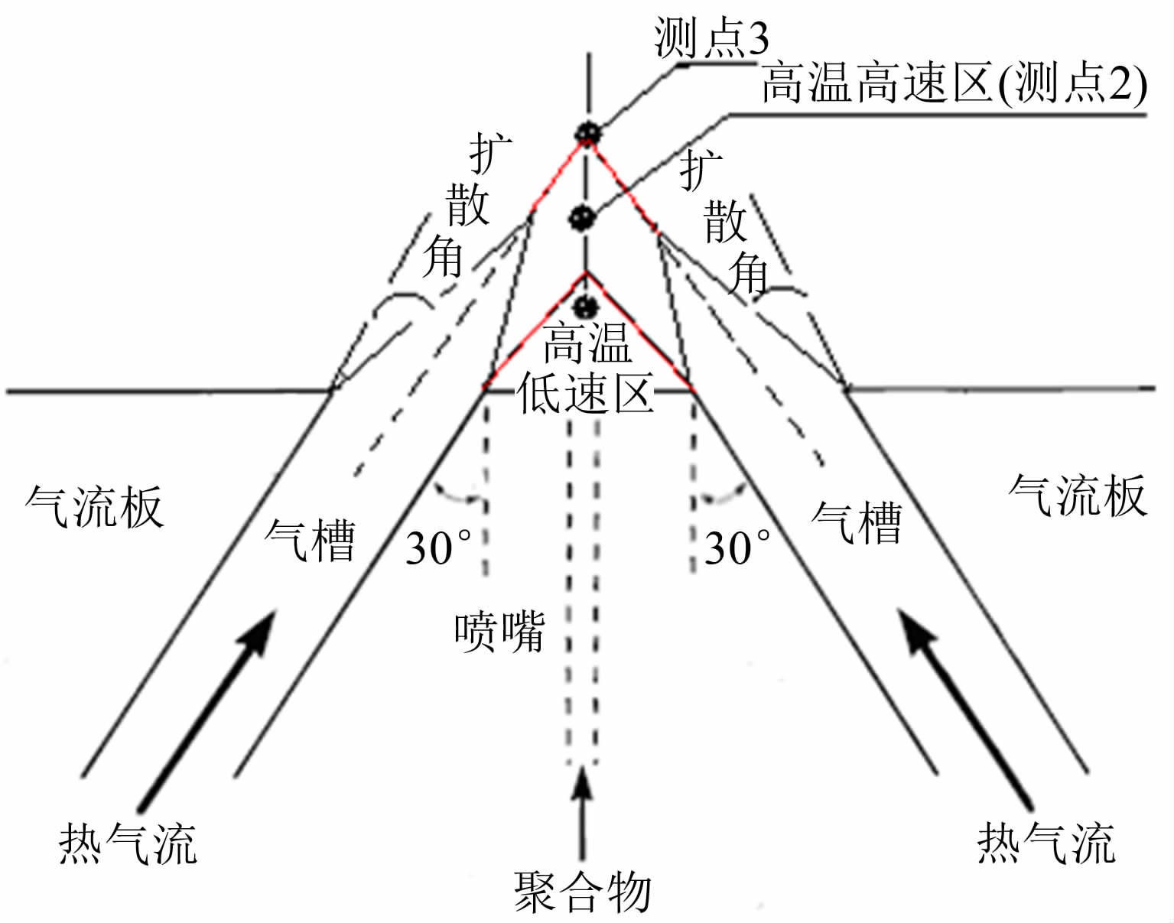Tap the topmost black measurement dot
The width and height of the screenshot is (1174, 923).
click(x=587, y=133)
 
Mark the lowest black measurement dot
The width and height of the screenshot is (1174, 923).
click(x=585, y=307)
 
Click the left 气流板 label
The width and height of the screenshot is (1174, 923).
click(x=94, y=505)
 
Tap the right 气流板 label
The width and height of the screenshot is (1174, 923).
click(x=1077, y=495)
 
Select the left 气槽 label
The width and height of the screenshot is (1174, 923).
click(x=310, y=540)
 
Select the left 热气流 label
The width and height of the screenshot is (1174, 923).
click(x=128, y=843)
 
